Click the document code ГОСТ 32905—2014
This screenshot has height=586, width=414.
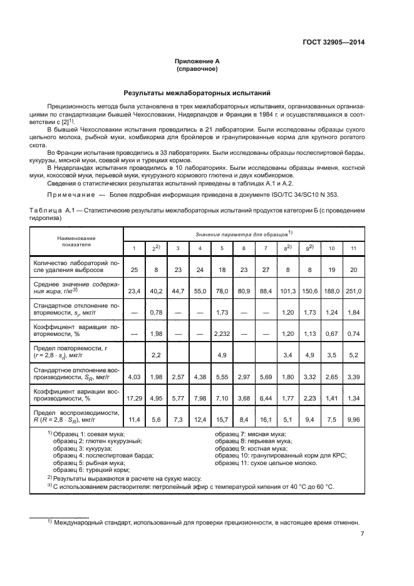click(332, 42)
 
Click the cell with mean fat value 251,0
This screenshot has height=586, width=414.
click(353, 290)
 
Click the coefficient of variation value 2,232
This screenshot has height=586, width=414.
click(222, 333)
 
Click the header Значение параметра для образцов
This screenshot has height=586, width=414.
click(244, 234)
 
